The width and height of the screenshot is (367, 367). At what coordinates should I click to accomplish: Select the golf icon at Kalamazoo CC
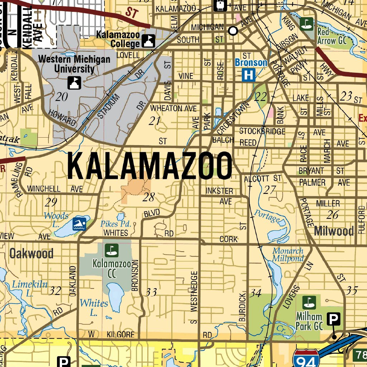[x=112, y=250]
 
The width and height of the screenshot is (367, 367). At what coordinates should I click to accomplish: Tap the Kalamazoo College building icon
[x=148, y=41]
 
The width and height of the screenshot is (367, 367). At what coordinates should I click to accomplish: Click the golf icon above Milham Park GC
[x=308, y=302]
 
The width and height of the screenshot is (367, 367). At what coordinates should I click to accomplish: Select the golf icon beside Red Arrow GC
[x=306, y=24]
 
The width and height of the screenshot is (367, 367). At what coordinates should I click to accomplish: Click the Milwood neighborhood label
[x=334, y=231]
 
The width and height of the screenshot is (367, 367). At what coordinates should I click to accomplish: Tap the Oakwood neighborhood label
[x=32, y=254]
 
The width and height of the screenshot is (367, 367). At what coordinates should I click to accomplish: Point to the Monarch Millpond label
[x=288, y=254]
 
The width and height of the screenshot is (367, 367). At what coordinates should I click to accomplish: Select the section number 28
[x=148, y=197]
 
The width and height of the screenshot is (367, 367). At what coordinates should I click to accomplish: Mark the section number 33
[x=151, y=292]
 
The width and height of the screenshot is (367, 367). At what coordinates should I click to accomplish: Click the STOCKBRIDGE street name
[x=262, y=131]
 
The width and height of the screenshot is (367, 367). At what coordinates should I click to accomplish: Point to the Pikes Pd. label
[x=118, y=224]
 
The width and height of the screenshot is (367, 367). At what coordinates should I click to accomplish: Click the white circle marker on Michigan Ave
[x=233, y=31]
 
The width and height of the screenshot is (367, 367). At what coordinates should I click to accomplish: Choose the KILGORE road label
[x=120, y=335]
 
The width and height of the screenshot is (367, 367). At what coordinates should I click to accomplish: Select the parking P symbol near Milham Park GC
[x=334, y=318]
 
